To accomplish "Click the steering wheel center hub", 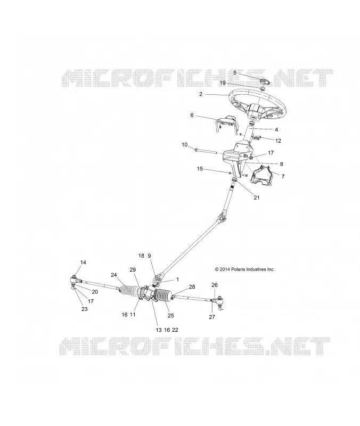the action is pos(255,111).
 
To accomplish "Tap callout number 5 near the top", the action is pos(235,73).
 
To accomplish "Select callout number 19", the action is pos(223,83).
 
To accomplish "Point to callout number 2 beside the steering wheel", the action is pos(201,94).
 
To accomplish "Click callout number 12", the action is pos(278,141).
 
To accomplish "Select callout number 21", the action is pos(257,198).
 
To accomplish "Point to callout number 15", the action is pos(200,169).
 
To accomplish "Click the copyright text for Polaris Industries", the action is pos(244,269).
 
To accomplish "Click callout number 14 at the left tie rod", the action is pos(83,262).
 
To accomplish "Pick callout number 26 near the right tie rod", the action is pos(215,285).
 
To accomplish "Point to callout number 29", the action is pos(133,269).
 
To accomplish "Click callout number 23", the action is pos(85,309).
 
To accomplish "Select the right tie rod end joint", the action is pos(219,302).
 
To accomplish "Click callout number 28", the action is pos(192,286).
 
